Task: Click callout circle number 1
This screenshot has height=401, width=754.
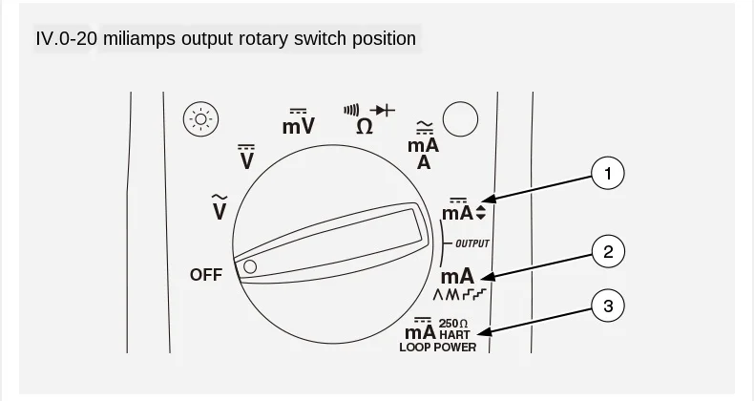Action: coord(608,173)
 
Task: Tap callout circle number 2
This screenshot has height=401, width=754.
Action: coord(608,251)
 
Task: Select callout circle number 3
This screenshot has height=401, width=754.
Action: coord(608,306)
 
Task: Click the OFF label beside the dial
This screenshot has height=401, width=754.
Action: coord(206,275)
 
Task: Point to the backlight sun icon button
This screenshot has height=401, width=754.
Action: coord(201,118)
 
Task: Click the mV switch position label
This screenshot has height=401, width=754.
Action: coord(299,122)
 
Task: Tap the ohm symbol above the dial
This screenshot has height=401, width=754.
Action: coord(365,127)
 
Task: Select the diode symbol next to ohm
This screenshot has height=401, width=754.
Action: coord(383,111)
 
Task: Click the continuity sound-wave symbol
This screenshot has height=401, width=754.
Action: coord(351,111)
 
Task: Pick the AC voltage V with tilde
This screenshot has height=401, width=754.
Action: coord(220,208)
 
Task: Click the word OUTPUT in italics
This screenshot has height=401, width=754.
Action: coord(472,243)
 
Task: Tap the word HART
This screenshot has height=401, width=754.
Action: coord(454,334)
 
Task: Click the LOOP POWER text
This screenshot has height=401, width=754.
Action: coord(437,348)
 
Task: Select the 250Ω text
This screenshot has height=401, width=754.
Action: coord(453,324)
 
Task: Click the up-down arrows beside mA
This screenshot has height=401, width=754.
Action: coord(480,213)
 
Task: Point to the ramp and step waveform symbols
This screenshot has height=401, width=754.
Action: coord(460,294)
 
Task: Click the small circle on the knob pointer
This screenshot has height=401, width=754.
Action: coord(250,266)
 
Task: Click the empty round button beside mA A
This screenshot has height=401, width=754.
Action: coord(460,118)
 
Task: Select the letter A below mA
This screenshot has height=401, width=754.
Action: coord(424,163)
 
